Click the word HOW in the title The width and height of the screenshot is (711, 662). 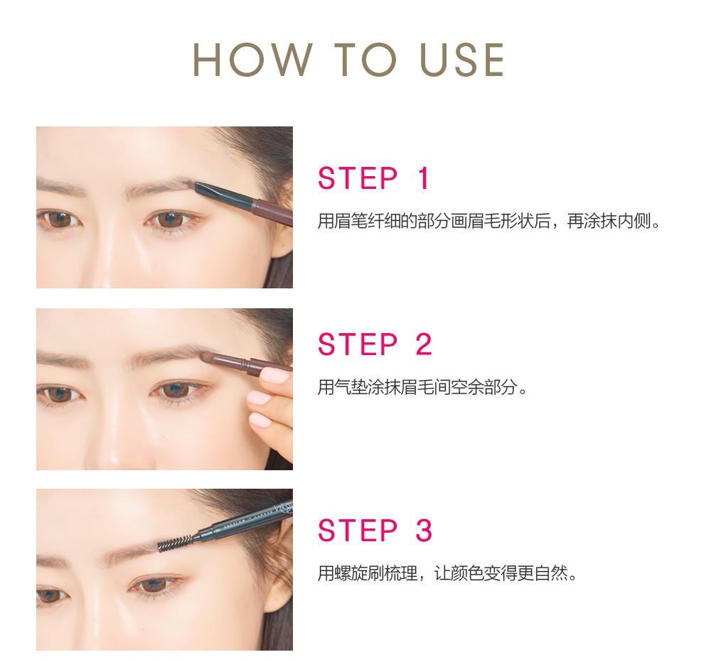pyautogui.click(x=252, y=60)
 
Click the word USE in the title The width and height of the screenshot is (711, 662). pyautogui.click(x=461, y=60)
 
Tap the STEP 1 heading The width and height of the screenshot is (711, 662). pyautogui.click(x=374, y=178)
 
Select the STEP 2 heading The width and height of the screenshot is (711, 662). pyautogui.click(x=375, y=344)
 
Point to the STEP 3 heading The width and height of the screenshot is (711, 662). pyautogui.click(x=375, y=530)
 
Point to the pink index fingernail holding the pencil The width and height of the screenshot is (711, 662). pyautogui.click(x=274, y=376)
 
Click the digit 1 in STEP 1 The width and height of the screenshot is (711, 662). pyautogui.click(x=424, y=178)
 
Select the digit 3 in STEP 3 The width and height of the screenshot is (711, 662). pyautogui.click(x=424, y=530)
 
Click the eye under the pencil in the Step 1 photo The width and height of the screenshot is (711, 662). pyautogui.click(x=171, y=219)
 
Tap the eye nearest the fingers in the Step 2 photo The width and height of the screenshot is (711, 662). pyautogui.click(x=178, y=389)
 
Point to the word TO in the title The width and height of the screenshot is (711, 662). pyautogui.click(x=365, y=60)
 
